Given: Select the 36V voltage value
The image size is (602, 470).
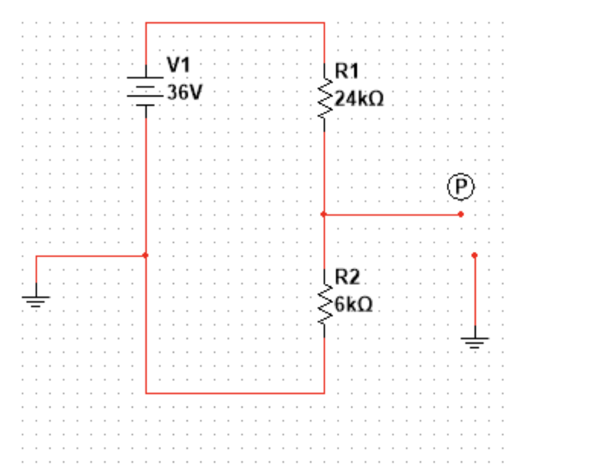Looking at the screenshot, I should click(185, 92).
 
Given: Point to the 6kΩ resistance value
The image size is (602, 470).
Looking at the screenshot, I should click(354, 304).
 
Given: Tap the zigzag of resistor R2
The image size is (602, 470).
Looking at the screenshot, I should click(324, 302).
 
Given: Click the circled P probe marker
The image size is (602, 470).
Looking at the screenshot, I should click(460, 187).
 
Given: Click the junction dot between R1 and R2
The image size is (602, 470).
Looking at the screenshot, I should click(324, 214).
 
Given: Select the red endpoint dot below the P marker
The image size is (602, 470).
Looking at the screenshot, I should click(461, 214).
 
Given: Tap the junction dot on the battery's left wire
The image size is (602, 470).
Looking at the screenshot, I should click(146, 255).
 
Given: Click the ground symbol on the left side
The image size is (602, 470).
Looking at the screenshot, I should click(36, 301).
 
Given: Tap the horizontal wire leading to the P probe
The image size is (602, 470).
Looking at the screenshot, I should click(393, 214).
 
